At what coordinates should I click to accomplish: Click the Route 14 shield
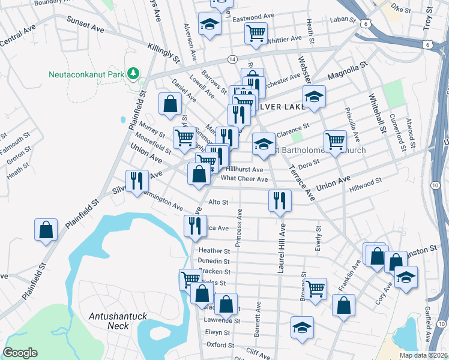[x=232, y=59]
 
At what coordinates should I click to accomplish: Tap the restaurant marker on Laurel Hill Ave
[x=280, y=200]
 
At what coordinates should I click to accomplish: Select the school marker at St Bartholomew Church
[x=264, y=144]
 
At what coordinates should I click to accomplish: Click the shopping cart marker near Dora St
[x=335, y=141]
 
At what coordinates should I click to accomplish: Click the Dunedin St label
[x=214, y=262]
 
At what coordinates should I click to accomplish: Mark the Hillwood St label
[x=367, y=181]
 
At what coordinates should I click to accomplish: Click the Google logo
[x=20, y=353]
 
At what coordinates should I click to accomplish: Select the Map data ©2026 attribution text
[x=423, y=355]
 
